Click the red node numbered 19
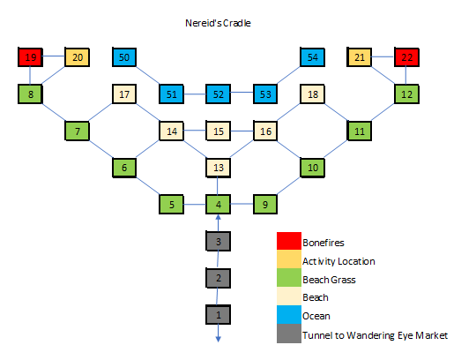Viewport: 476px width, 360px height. tap(30, 58)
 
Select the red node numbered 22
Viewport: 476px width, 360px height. tap(406, 58)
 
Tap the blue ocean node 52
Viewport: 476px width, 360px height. tap(218, 94)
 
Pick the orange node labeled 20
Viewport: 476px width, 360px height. tap(77, 58)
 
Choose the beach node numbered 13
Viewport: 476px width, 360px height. tap(218, 168)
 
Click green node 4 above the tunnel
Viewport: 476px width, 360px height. tap(218, 205)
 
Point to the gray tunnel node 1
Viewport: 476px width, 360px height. tap(218, 314)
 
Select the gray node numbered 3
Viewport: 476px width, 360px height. tap(218, 242)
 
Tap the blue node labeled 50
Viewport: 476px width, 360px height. tap(123, 58)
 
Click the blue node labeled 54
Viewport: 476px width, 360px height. tap(312, 58)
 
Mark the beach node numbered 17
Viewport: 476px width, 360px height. tap(123, 94)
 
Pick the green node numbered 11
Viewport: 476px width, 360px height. tap(359, 131)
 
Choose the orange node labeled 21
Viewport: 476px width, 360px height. tap(359, 58)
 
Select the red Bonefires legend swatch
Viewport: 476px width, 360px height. tap(286, 241)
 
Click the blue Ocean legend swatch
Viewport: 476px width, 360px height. tap(286, 315)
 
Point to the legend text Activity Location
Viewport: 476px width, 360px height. tap(338, 260)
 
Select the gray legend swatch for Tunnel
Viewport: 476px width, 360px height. tap(286, 334)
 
